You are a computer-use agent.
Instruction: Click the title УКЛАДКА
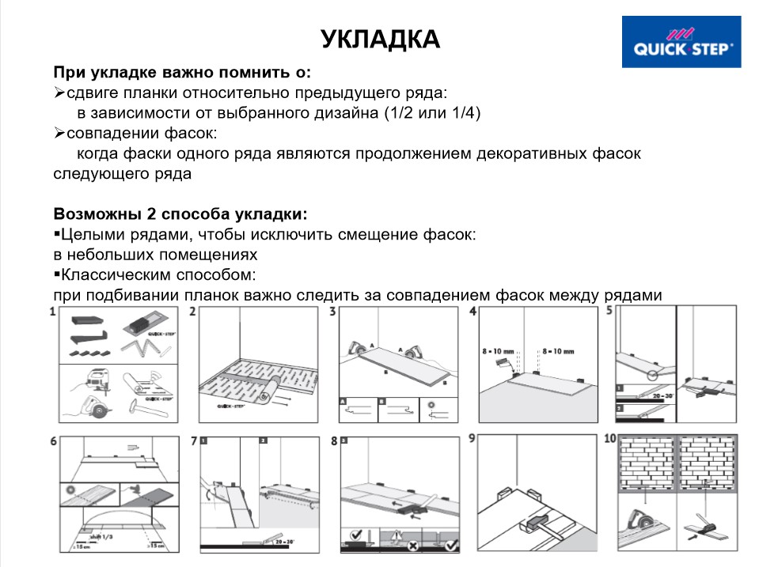[x=380, y=39]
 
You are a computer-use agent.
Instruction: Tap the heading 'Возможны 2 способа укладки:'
[x=180, y=214]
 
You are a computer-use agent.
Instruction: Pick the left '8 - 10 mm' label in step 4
[x=498, y=349]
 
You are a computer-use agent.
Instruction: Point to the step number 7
[x=194, y=440]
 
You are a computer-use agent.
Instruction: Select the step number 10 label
[x=609, y=440]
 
